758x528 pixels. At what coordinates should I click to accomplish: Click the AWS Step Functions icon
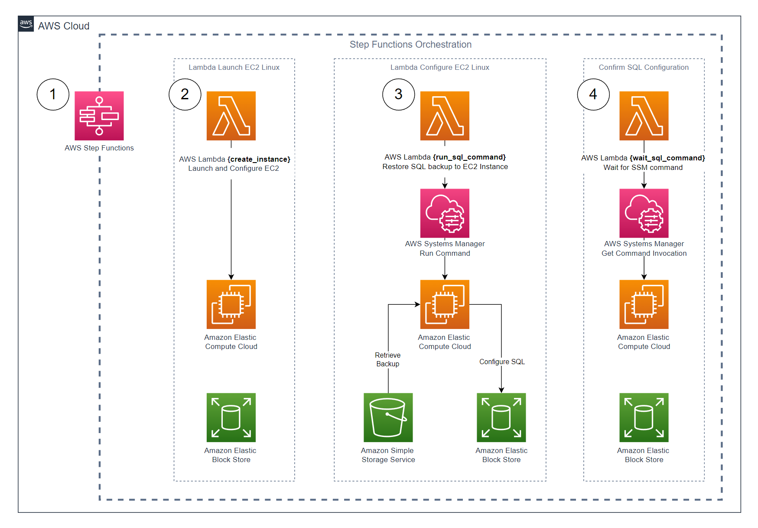[x=99, y=115]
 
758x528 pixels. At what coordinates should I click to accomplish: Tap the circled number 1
[x=53, y=95]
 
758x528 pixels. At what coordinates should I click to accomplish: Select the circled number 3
[x=398, y=95]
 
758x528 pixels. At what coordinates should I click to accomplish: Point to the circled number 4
[x=593, y=95]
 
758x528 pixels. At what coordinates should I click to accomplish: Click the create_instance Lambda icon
[x=231, y=115]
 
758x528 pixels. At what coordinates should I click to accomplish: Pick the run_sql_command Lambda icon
[x=445, y=115]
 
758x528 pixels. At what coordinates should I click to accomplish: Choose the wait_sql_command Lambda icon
[x=644, y=115]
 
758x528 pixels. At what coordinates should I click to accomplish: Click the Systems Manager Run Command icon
[x=445, y=213]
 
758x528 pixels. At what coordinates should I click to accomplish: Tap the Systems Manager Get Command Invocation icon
[x=644, y=213]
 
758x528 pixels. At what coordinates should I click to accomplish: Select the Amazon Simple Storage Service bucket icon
[x=388, y=417]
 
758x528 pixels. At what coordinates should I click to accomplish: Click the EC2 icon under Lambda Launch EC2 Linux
[x=231, y=304]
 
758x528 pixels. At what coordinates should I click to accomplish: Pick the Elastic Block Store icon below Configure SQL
[x=501, y=417]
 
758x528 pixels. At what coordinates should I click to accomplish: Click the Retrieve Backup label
[x=387, y=359]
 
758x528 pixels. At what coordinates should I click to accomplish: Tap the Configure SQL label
[x=502, y=362]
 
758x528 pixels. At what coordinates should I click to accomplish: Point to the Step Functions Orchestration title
[x=410, y=45]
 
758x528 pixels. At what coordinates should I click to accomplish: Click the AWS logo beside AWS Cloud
[x=26, y=23]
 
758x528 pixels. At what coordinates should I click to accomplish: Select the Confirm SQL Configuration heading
[x=644, y=67]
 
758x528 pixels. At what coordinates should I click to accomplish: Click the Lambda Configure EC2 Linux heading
[x=439, y=67]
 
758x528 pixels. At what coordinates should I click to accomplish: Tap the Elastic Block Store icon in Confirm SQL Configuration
[x=644, y=417]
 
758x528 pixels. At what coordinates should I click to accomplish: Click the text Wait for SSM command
[x=643, y=167]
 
